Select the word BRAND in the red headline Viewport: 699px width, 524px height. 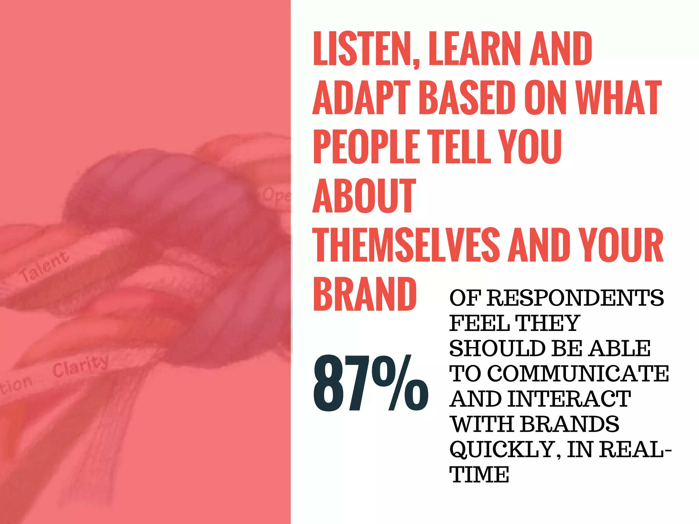pos(365,294)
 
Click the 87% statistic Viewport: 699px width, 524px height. pos(370,383)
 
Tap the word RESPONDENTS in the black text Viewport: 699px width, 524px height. pos(575,298)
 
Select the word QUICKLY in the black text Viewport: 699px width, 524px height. pos(501,450)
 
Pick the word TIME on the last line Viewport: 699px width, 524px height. pos(479,475)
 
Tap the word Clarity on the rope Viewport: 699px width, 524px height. pos(81,365)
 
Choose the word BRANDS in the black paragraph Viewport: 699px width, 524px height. pos(570,424)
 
